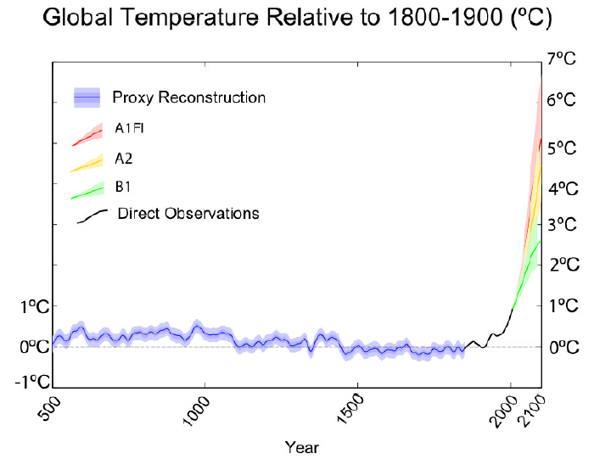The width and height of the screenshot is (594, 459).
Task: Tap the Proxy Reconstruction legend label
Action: pyautogui.click(x=188, y=98)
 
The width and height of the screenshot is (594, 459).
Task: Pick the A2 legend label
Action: pyautogui.click(x=124, y=158)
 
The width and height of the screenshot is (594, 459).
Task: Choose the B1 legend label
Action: pyautogui.click(x=123, y=186)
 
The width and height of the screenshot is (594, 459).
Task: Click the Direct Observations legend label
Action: pyautogui.click(x=188, y=213)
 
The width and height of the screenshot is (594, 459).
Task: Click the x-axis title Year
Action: pyautogui.click(x=303, y=446)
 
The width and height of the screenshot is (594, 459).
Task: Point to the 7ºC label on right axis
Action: pyautogui.click(x=563, y=59)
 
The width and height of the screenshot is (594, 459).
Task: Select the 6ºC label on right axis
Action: pyautogui.click(x=563, y=100)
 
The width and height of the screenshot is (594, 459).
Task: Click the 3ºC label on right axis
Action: pyautogui.click(x=563, y=225)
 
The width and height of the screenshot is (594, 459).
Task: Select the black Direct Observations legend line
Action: pyautogui.click(x=92, y=216)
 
